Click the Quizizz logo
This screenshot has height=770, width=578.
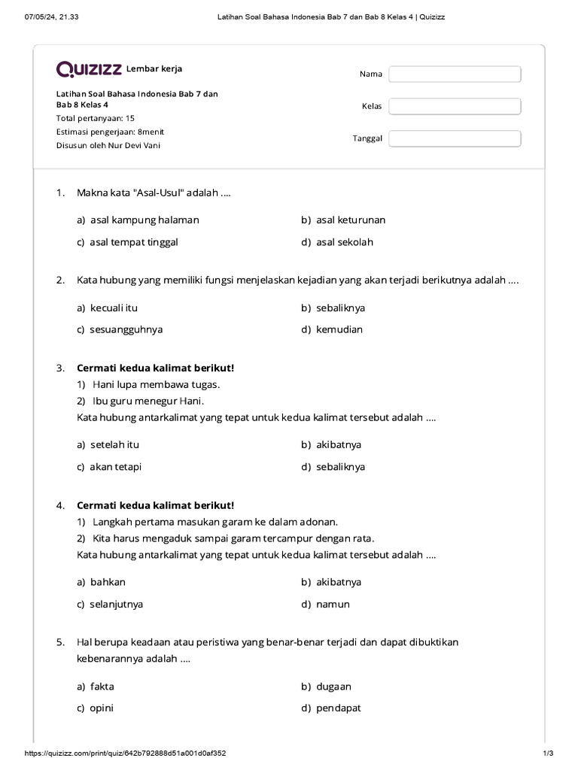(89, 69)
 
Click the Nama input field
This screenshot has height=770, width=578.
(455, 74)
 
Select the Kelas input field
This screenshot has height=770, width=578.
(455, 106)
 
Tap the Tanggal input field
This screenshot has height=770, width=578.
(455, 138)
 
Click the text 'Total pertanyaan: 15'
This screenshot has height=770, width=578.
(96, 119)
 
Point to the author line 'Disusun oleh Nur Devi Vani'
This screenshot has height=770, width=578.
(108, 145)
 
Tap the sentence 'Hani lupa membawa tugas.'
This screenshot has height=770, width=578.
(157, 384)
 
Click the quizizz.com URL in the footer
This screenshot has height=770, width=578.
(126, 753)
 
